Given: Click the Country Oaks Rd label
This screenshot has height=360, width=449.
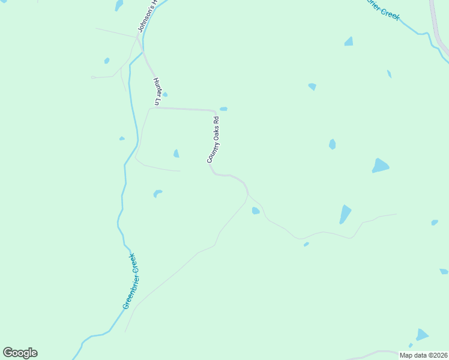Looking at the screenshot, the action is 213,140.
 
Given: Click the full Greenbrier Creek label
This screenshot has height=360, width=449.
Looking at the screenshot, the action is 133,281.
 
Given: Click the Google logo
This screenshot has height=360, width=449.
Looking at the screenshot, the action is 20,353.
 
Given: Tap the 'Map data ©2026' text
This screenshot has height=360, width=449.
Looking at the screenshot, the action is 423,355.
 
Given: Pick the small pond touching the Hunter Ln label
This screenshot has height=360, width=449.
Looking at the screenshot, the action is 164,94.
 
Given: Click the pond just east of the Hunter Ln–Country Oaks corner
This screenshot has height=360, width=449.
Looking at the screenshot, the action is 223,109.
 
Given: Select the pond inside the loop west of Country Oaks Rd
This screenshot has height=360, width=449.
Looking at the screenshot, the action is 176,154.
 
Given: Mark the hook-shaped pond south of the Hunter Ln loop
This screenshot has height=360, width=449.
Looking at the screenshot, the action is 157,193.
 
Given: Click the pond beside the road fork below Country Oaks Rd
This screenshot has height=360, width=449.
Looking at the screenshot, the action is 256,211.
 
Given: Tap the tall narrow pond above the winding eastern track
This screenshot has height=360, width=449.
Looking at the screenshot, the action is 345,214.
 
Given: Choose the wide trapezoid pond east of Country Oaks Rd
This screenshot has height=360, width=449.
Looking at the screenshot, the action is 380,166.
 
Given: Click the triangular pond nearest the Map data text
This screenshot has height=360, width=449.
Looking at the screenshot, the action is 422,334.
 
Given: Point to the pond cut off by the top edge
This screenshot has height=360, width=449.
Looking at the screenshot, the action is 119,5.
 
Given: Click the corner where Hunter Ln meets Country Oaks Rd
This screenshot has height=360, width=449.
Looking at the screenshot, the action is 214,111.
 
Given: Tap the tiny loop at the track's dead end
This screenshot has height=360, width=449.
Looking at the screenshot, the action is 93,77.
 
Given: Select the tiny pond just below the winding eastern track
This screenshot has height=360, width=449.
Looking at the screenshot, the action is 306,244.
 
